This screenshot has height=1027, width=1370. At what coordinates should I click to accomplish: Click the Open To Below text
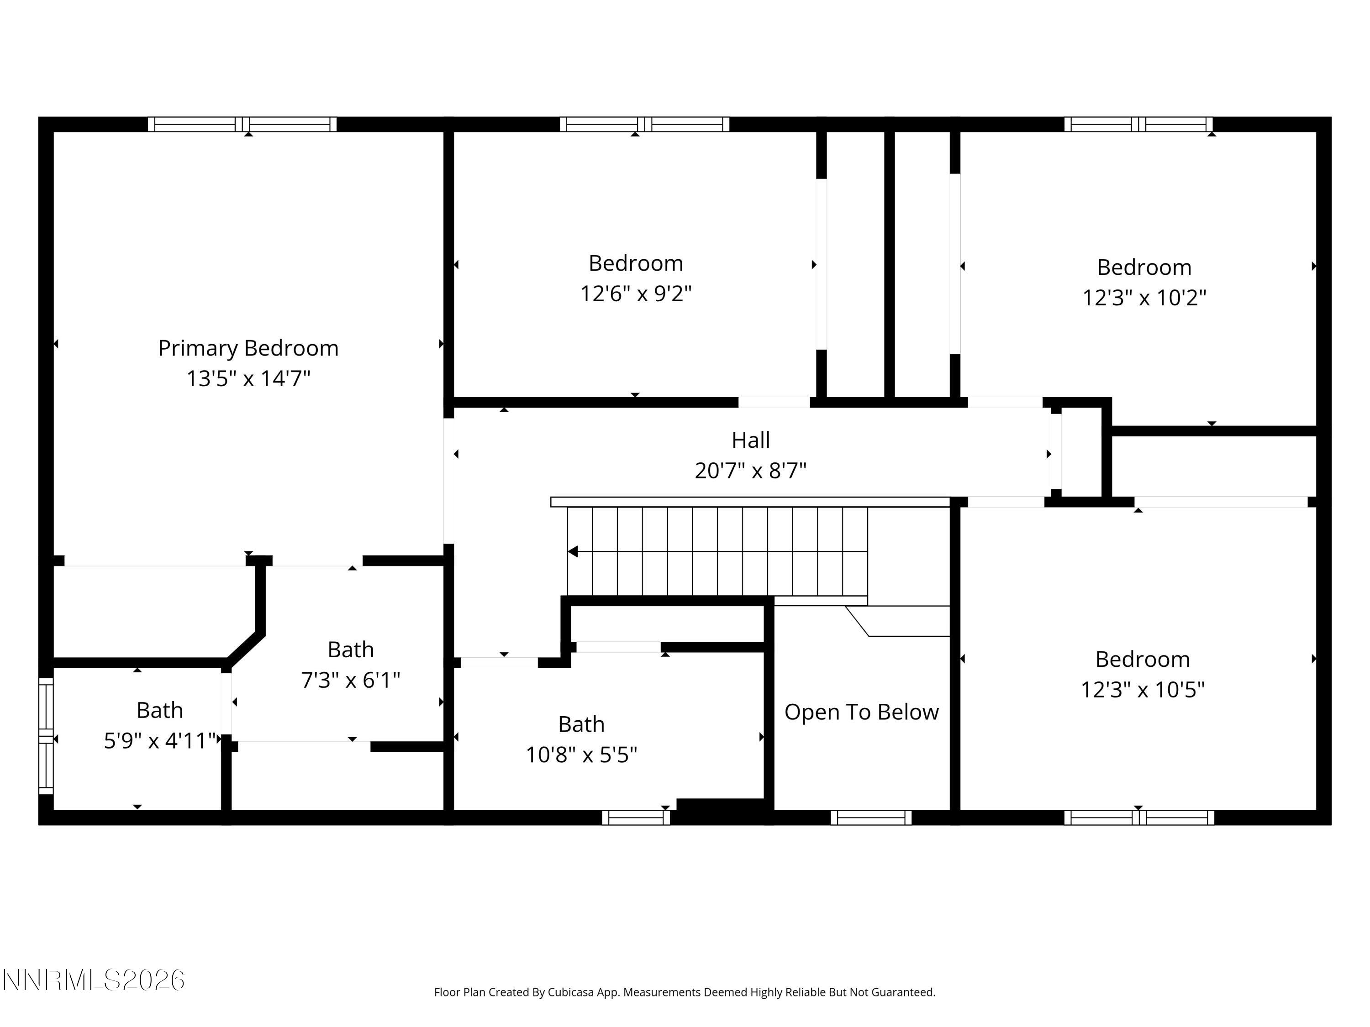(861, 712)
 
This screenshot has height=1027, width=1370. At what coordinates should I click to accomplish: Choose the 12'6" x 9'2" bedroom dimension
(636, 293)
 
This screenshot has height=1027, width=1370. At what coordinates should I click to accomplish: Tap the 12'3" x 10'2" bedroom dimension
(1144, 298)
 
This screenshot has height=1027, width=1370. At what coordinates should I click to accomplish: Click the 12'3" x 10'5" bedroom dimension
(1142, 690)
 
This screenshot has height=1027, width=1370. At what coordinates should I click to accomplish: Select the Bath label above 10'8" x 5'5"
(581, 724)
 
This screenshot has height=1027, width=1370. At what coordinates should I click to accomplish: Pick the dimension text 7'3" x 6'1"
(351, 681)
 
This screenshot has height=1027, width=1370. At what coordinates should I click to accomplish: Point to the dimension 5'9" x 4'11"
(160, 740)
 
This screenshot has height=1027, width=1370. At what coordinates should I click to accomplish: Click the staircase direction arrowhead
(573, 551)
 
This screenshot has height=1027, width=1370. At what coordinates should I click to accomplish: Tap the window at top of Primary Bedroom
(242, 125)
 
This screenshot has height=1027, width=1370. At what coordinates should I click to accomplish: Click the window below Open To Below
(871, 817)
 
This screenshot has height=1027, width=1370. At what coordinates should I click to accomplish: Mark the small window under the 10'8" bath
(636, 817)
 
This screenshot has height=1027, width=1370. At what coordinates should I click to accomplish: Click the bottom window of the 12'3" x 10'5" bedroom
(1139, 817)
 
